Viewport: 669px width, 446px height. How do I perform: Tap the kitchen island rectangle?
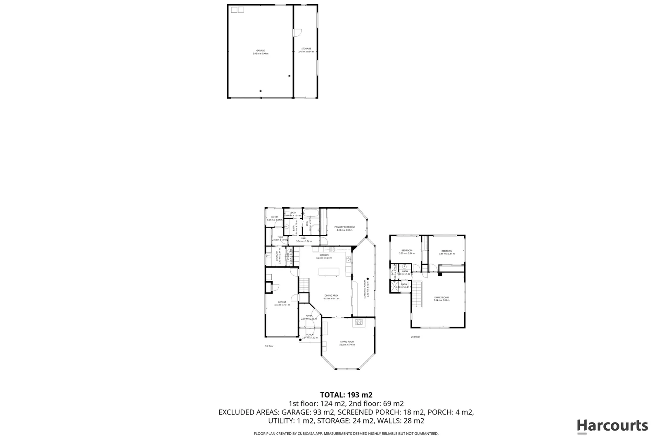[329, 272]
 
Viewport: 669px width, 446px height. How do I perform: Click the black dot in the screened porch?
[367, 268]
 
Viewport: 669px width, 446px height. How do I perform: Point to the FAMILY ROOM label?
[441, 299]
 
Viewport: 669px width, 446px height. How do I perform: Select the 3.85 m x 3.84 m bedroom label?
[447, 252]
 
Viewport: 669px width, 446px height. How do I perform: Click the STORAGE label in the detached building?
[306, 50]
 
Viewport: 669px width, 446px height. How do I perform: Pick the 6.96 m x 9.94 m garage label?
[261, 52]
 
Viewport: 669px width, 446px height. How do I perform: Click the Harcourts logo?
[612, 426]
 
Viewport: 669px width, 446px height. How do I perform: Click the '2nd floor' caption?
[415, 337]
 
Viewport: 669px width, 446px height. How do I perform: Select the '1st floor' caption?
[269, 346]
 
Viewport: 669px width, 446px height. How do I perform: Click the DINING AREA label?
[331, 297]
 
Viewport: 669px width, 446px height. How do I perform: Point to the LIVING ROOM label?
[347, 343]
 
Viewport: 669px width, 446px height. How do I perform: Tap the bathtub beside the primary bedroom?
[310, 214]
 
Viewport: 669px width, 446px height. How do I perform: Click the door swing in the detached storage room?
[297, 32]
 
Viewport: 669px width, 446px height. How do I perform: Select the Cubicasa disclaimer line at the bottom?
[346, 434]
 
